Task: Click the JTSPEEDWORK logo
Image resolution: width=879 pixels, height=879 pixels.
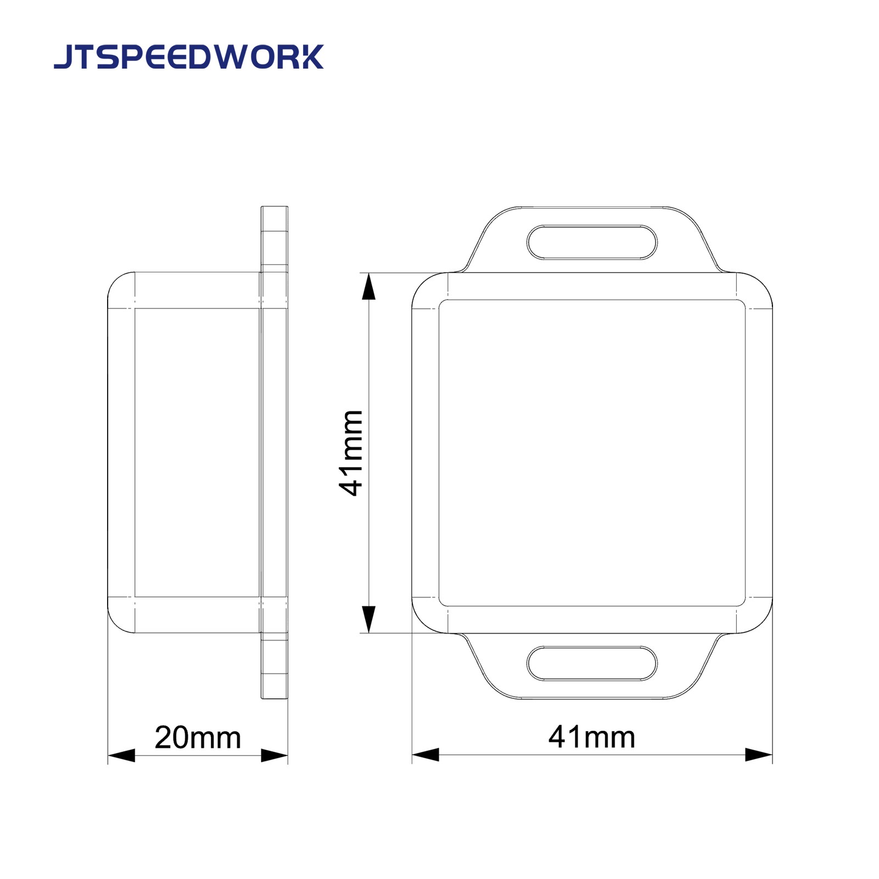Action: tap(189, 57)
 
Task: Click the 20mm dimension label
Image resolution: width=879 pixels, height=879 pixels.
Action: tap(198, 737)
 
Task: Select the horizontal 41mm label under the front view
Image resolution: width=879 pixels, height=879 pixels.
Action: tap(592, 737)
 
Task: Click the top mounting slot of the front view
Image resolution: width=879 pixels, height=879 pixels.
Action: tap(592, 242)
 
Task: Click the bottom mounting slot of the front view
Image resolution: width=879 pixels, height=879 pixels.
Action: tap(592, 664)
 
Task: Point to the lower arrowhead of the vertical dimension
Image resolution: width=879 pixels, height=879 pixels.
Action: tap(369, 619)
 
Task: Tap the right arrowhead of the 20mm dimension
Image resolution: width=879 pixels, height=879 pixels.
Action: tap(274, 755)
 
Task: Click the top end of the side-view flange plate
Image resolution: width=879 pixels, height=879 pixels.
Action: tap(275, 209)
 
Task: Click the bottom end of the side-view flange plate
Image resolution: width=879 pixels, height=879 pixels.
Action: tap(275, 696)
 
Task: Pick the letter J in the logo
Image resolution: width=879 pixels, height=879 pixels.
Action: tap(63, 57)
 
